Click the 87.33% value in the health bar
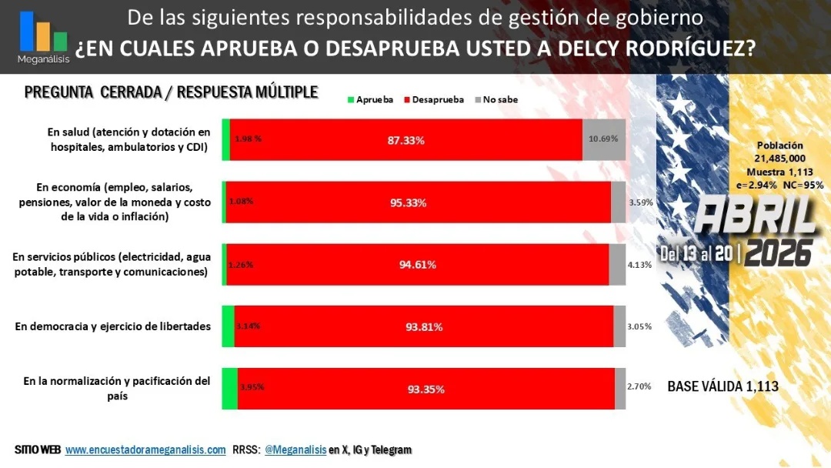(x=405, y=140)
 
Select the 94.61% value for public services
(x=417, y=265)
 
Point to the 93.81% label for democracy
(x=423, y=326)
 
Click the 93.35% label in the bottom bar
(x=426, y=389)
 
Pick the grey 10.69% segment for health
(x=603, y=139)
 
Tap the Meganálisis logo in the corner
(x=43, y=36)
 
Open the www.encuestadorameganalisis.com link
(x=145, y=450)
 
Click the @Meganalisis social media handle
(x=295, y=450)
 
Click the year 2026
(x=779, y=252)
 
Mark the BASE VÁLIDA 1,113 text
(x=723, y=386)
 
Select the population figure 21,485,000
(x=780, y=158)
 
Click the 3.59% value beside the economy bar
(x=640, y=202)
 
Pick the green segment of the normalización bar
(x=229, y=389)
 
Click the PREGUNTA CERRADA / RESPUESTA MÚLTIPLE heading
(x=171, y=92)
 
